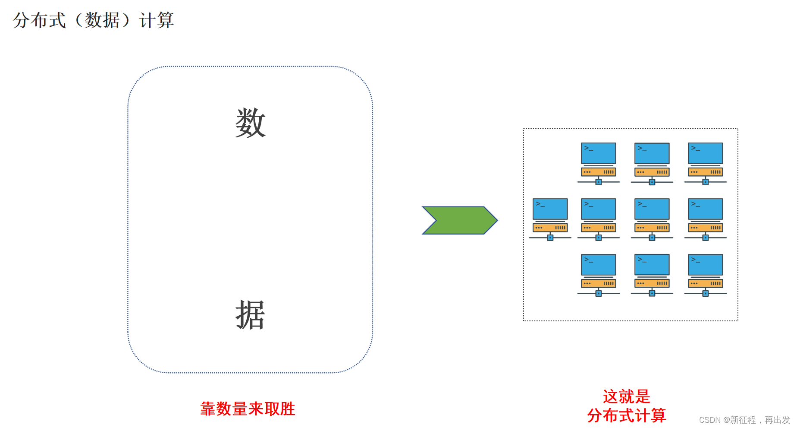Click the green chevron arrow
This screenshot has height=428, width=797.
point(460,220)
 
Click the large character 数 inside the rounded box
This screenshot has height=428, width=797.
point(250,123)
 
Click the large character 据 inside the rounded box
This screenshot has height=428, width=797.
point(250,315)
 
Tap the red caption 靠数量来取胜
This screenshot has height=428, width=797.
point(248,409)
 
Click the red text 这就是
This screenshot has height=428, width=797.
point(626,396)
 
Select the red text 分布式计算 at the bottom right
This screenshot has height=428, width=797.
point(626,415)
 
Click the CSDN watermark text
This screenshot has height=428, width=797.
point(744,420)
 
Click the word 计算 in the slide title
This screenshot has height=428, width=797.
point(156,20)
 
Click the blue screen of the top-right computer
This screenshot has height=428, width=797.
point(706,153)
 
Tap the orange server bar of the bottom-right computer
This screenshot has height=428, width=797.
point(706,283)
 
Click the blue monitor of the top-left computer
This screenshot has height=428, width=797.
point(599,153)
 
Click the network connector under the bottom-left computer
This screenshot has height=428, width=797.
point(599,294)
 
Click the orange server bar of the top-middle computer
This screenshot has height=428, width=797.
point(652,172)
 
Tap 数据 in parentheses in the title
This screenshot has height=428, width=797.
point(102,20)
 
